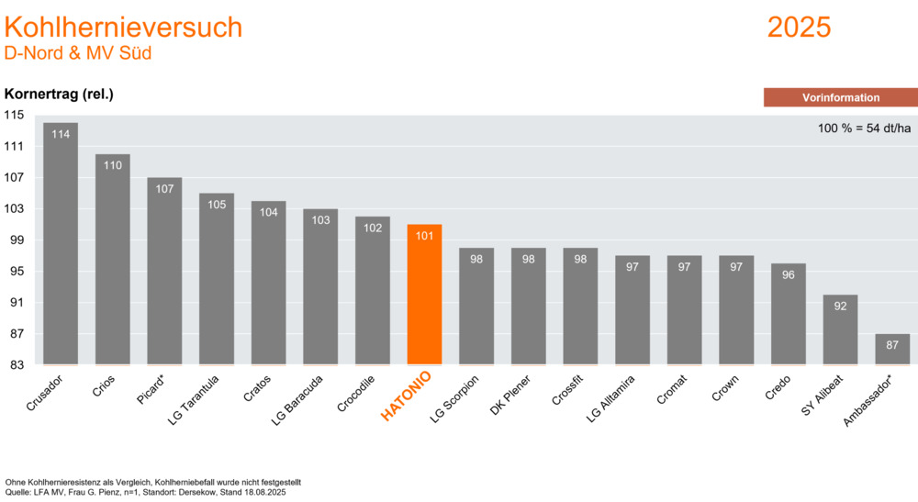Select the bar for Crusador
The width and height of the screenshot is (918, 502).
click(x=61, y=243)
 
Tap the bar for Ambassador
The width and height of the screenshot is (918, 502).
click(x=891, y=350)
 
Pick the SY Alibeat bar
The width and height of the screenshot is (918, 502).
click(x=840, y=329)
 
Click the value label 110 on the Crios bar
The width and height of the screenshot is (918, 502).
click(x=112, y=166)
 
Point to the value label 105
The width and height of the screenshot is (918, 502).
click(x=217, y=205)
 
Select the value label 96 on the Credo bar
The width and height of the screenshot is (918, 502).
click(x=788, y=275)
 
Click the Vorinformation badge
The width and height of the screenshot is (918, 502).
click(x=840, y=97)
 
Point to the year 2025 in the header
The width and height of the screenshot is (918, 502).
click(x=799, y=28)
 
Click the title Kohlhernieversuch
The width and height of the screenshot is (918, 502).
click(x=123, y=28)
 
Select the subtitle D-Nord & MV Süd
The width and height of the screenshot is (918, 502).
click(x=78, y=53)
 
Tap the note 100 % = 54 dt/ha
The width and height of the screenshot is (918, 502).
click(x=864, y=128)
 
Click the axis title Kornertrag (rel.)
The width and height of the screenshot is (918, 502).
click(x=59, y=95)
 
